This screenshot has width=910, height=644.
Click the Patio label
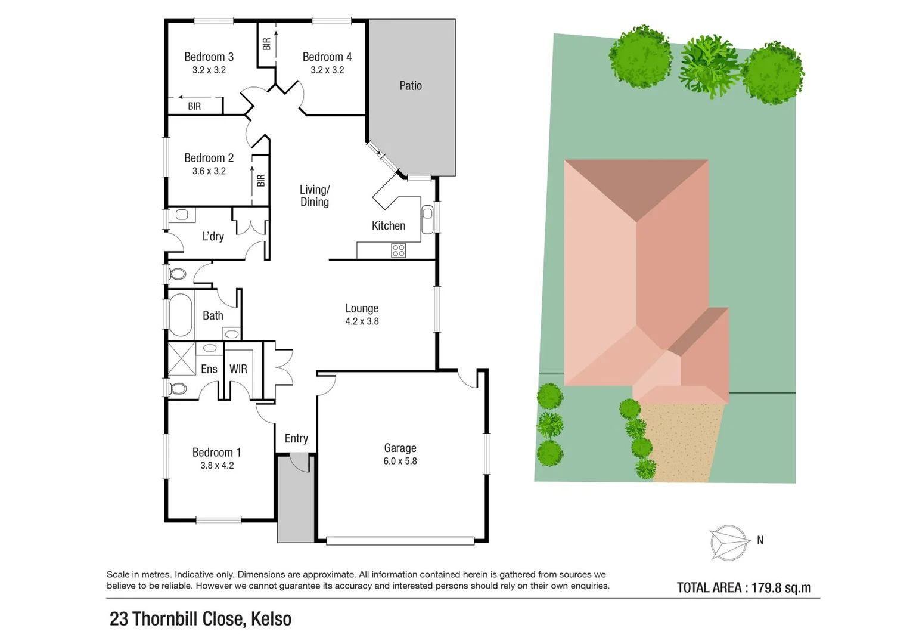tap(410, 86)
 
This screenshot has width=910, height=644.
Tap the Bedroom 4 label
tap(327, 57)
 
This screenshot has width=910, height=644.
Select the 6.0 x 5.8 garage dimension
tap(400, 461)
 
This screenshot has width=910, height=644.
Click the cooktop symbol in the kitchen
tap(398, 250)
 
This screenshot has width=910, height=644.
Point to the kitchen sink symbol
tap(427, 219)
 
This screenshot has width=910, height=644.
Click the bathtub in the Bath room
tap(180, 315)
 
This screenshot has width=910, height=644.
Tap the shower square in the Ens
tap(182, 359)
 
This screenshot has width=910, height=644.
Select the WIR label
tap(238, 369)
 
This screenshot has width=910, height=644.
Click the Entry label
tap(296, 439)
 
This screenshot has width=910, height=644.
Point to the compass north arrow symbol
tap(729, 543)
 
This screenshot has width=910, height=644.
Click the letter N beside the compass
tap(760, 540)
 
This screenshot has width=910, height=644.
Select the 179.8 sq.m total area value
tap(781, 588)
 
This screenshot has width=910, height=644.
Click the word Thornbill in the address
tap(168, 619)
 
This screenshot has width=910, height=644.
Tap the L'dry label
tap(213, 237)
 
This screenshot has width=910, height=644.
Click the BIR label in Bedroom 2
tap(260, 180)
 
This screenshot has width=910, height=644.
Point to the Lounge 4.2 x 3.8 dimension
tap(362, 321)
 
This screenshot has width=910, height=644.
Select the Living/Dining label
tap(314, 196)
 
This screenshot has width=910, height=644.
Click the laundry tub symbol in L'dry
tap(182, 215)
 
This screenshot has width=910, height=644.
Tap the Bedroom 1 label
tap(216, 453)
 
